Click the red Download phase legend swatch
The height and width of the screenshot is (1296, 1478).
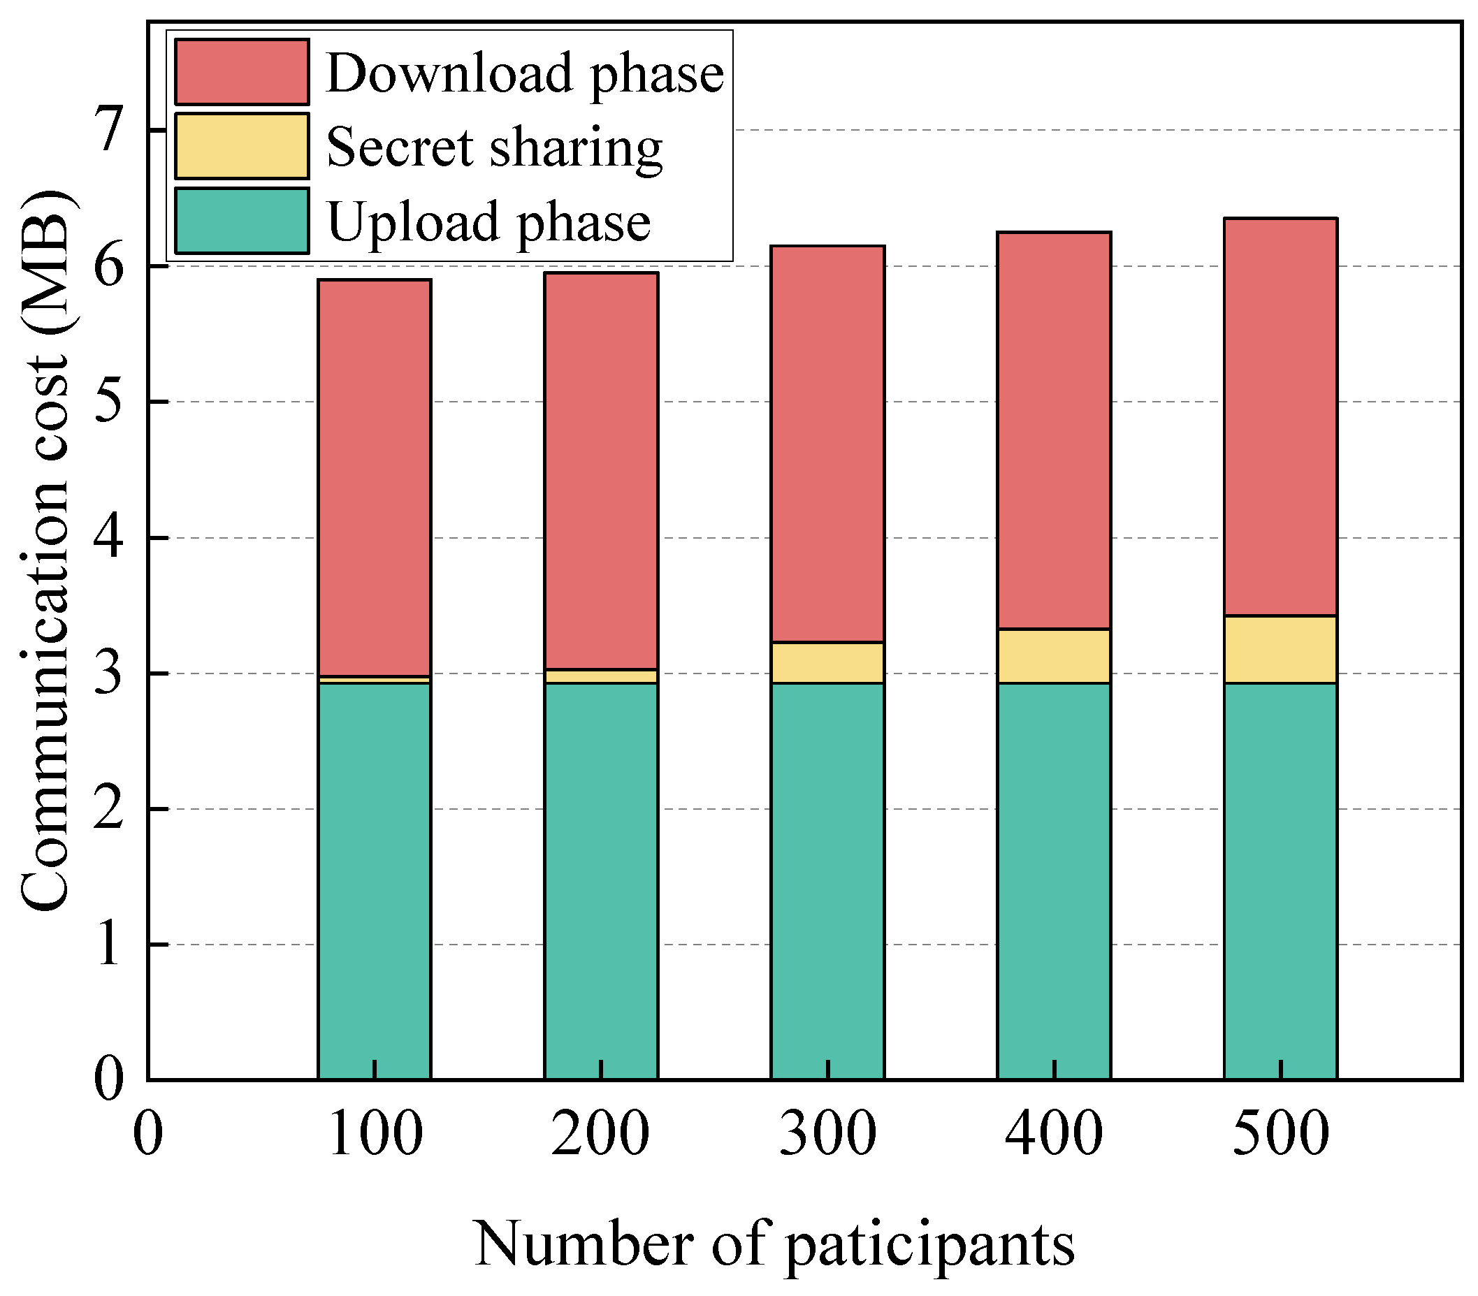click(242, 71)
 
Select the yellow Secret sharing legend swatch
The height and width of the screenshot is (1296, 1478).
click(242, 145)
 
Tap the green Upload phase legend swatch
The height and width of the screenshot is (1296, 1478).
click(242, 221)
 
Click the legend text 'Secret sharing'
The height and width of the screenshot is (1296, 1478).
click(494, 147)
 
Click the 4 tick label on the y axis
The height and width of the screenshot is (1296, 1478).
click(109, 538)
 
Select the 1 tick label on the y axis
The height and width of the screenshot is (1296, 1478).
click(109, 945)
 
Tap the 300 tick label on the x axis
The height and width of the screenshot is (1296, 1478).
click(827, 1133)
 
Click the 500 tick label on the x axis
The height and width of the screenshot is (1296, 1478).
click(1280, 1133)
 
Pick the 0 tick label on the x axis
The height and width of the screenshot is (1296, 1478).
click(148, 1133)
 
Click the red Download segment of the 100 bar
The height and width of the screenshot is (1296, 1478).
click(375, 477)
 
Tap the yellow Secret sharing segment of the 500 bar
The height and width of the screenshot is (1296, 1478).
click(1280, 649)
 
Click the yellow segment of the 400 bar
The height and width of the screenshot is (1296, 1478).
click(1054, 655)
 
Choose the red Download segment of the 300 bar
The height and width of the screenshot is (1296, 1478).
click(827, 443)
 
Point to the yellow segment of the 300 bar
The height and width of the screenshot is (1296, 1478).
click(827, 662)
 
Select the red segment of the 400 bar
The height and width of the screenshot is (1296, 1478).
click(1054, 430)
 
